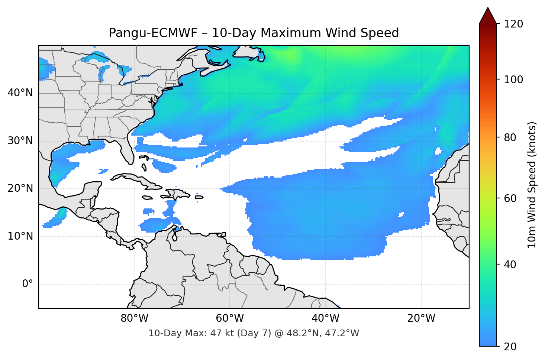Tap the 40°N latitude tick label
[20, 93]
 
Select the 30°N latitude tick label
[20, 141]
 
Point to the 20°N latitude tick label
[20, 188]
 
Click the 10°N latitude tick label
[20, 236]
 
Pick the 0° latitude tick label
[28, 284]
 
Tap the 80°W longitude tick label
[134, 318]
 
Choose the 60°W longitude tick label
[230, 318]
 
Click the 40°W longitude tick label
[325, 318]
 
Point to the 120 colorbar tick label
[513, 24]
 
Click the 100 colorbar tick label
[513, 80]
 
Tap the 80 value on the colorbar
[510, 137]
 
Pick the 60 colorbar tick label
[510, 198]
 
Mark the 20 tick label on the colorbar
[510, 347]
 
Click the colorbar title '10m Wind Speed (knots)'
[532, 185]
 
